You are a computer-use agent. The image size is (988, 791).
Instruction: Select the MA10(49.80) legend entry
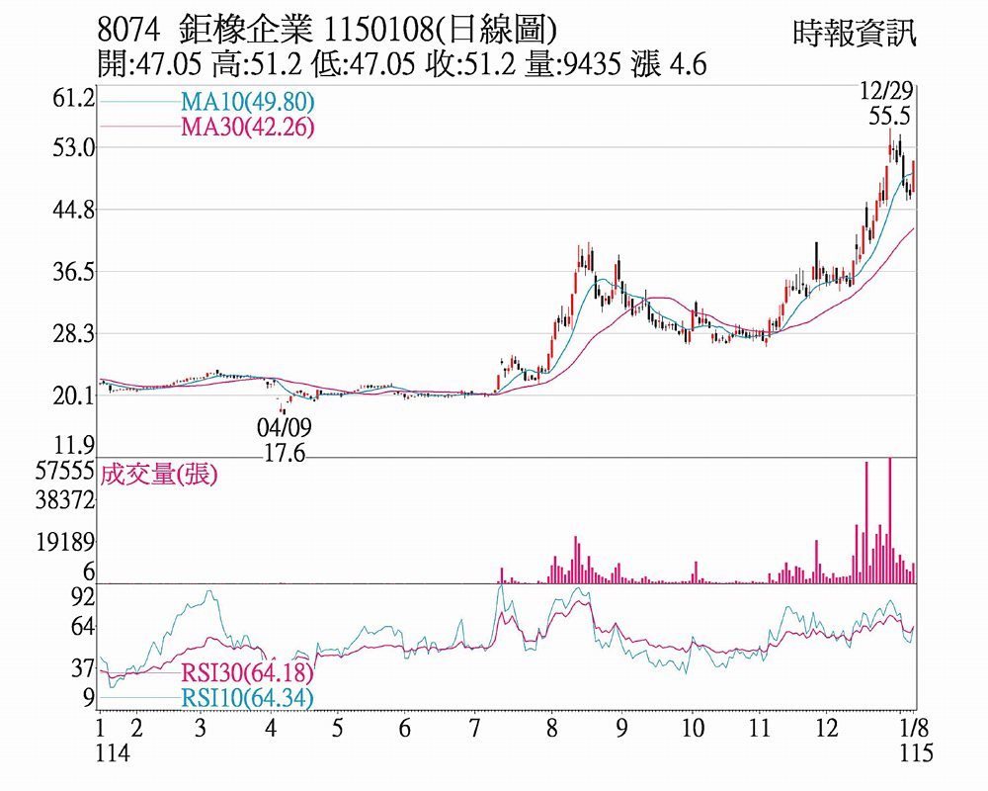[x=247, y=103]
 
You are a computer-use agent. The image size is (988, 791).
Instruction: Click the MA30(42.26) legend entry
[x=247, y=126]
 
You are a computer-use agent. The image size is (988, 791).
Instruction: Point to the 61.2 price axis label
[x=76, y=99]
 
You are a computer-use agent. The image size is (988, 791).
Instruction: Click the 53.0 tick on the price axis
[x=76, y=148]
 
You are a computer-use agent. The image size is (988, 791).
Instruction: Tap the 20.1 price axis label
[x=76, y=396]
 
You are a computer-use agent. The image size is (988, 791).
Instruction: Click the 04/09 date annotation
[x=285, y=427]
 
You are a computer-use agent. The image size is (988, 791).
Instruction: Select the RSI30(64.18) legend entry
[x=247, y=674]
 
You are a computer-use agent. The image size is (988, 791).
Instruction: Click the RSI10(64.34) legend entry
[x=247, y=698]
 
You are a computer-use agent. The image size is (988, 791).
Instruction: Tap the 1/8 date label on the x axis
[x=916, y=729]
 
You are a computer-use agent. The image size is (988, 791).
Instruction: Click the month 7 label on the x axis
[x=474, y=729]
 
